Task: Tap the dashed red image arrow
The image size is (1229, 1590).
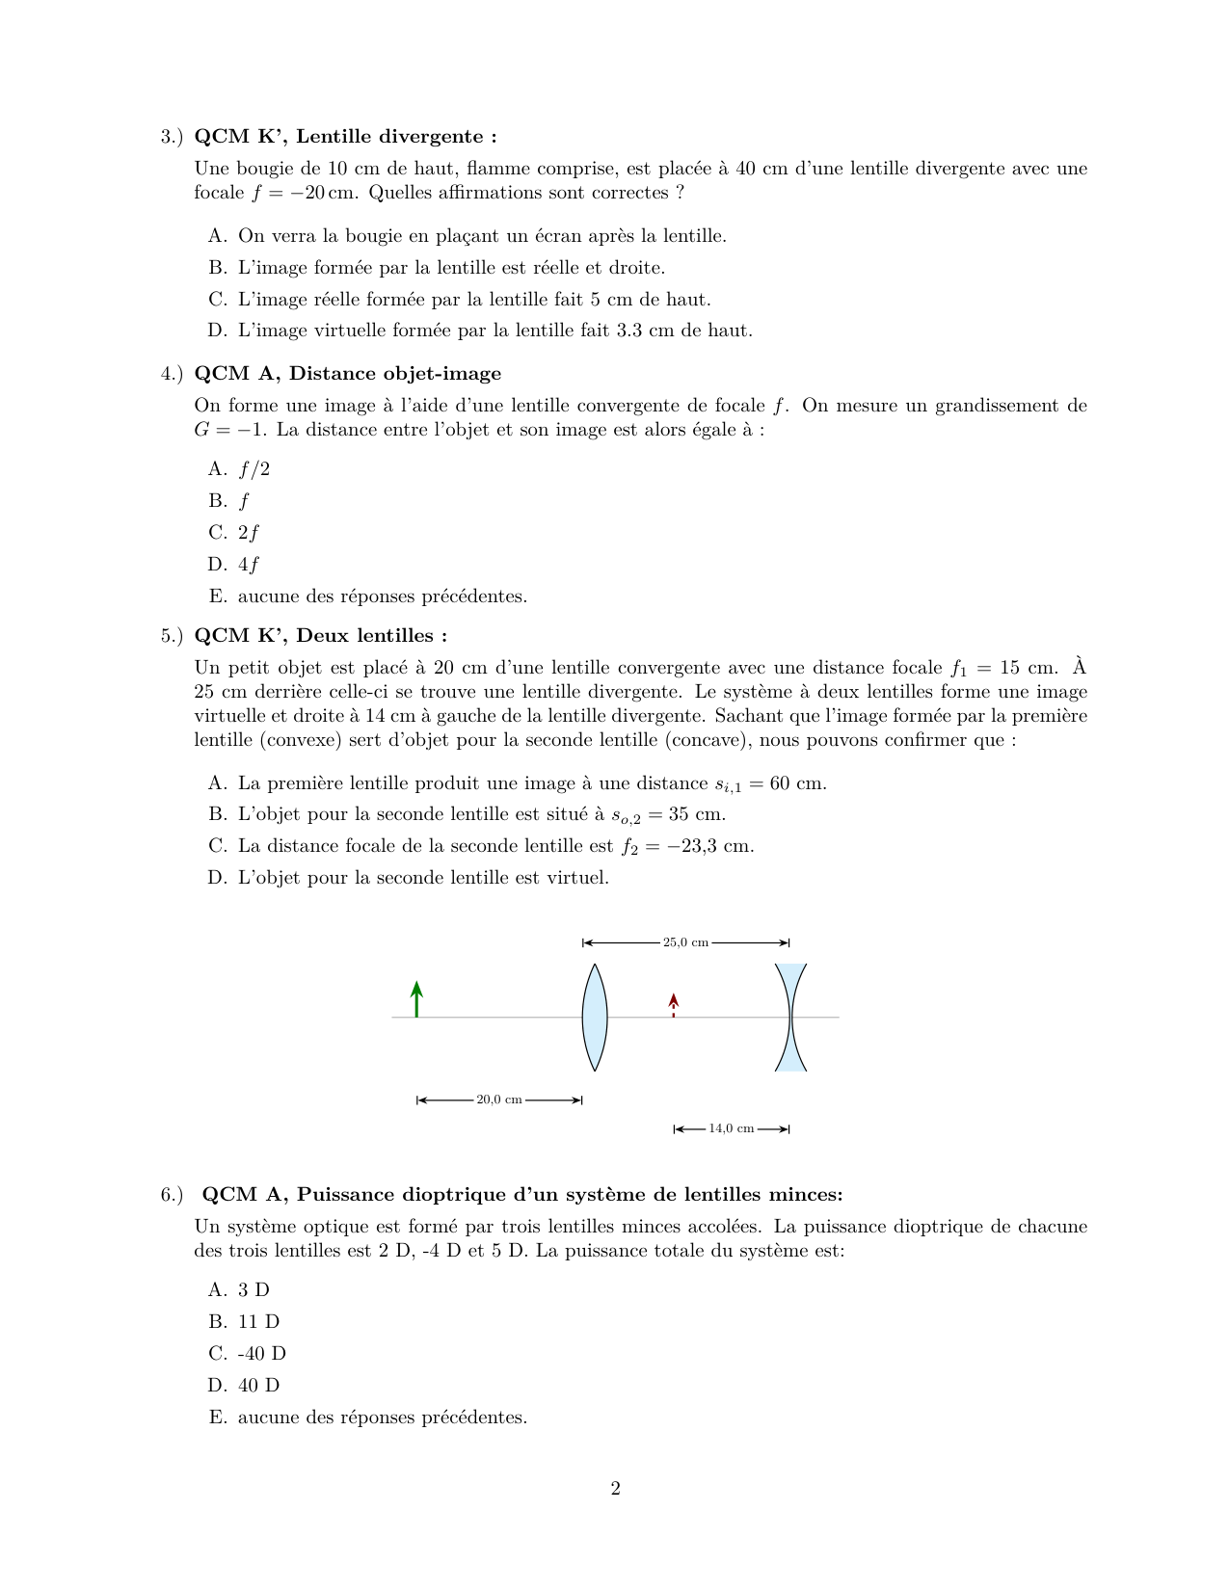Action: (x=673, y=1005)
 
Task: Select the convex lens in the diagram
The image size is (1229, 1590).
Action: (x=595, y=1017)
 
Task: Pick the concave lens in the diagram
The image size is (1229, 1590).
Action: (x=790, y=1017)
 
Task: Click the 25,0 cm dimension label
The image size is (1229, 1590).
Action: (x=685, y=942)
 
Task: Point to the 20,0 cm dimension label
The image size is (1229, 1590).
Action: (x=499, y=1100)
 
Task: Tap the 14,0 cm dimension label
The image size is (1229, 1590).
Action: (x=732, y=1128)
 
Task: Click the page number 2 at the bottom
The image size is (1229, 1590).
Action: (x=615, y=1489)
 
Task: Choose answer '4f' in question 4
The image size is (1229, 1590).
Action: (x=249, y=564)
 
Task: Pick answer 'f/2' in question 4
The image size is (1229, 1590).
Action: (x=254, y=469)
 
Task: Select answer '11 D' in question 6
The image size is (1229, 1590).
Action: (x=258, y=1321)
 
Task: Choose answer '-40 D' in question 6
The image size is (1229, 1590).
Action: (x=262, y=1353)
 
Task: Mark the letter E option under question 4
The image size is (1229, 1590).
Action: (x=217, y=596)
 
